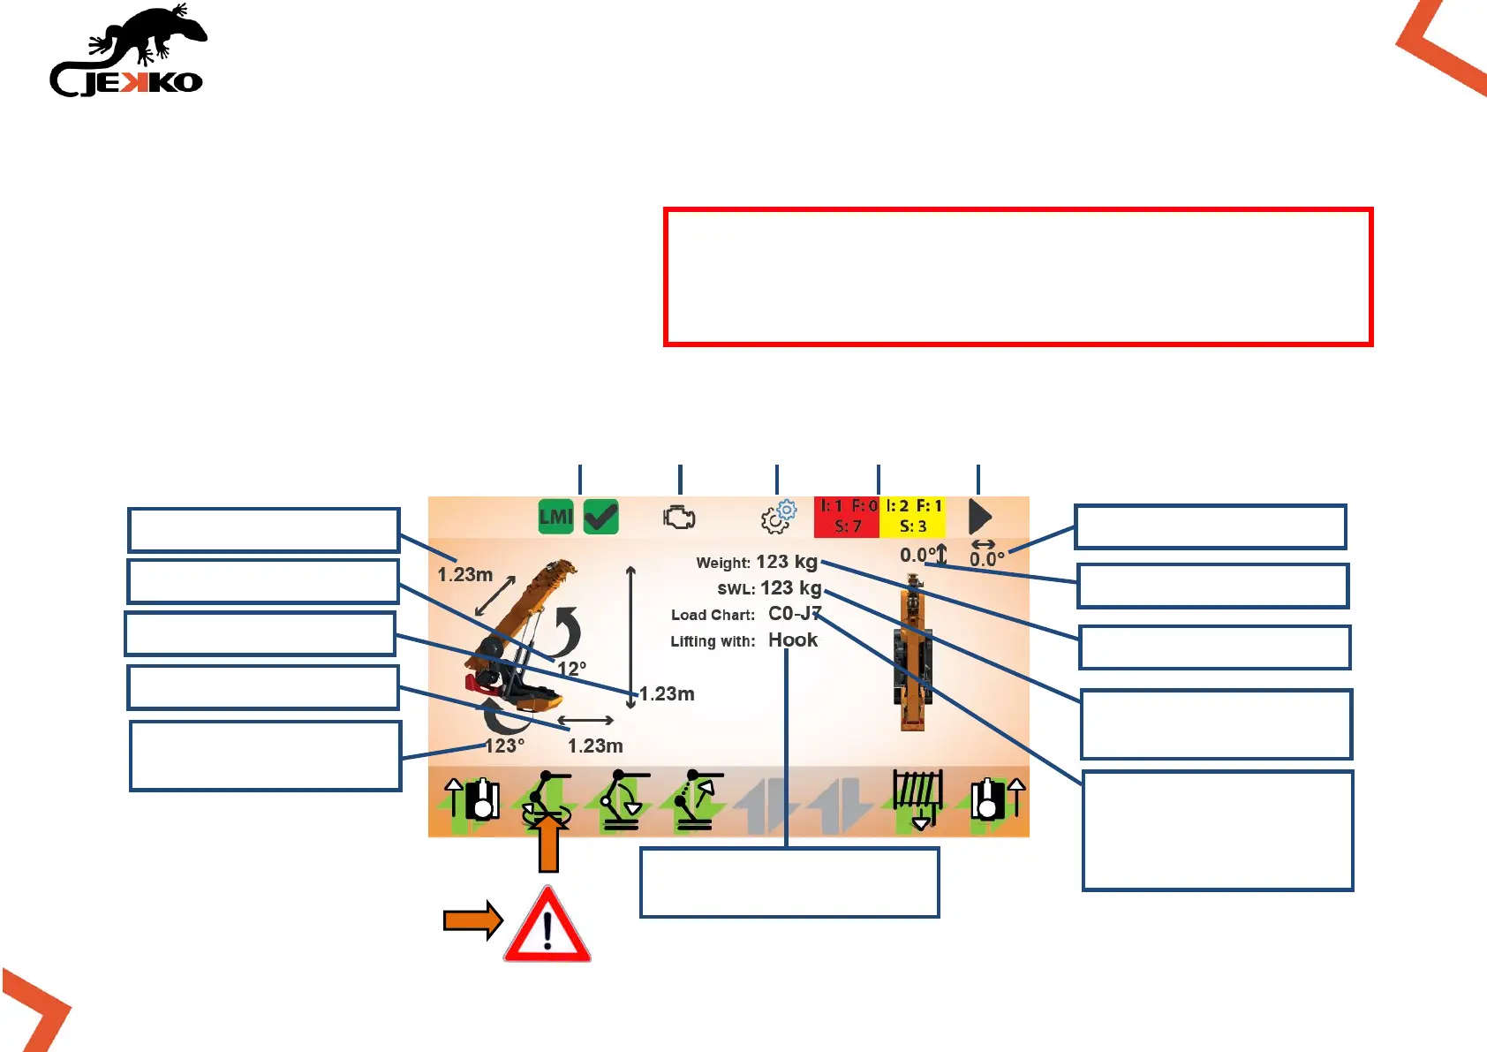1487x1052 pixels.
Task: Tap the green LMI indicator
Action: (556, 517)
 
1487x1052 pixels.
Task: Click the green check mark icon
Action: (601, 517)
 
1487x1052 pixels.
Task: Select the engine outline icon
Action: (679, 518)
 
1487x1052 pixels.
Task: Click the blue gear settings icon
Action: (778, 518)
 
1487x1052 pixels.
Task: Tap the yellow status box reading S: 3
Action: (913, 517)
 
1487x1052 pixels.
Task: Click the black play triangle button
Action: (980, 517)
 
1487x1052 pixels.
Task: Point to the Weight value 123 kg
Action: (787, 562)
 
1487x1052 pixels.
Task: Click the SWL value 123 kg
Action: (790, 588)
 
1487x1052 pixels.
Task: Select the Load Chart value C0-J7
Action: (795, 614)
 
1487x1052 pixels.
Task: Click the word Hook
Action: (793, 640)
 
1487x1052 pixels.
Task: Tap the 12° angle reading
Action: (572, 669)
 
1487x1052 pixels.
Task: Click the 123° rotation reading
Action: (504, 745)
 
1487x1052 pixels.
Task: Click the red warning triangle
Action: (547, 926)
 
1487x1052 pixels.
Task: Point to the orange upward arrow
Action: (548, 843)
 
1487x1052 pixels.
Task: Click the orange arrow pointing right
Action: (472, 921)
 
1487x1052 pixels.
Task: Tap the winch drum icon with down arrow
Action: (918, 798)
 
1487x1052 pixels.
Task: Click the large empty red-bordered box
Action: (1018, 276)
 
